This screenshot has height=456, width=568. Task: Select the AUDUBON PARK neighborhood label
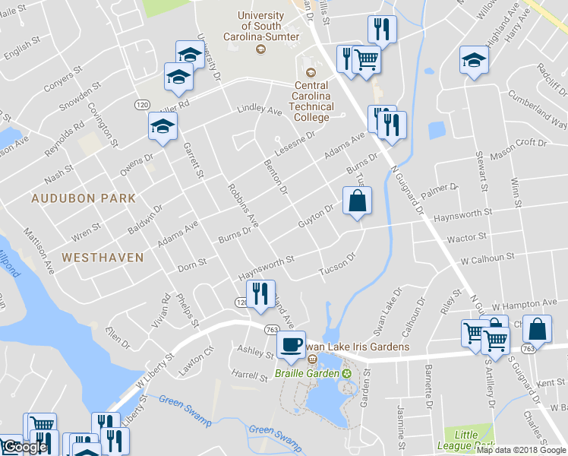click(84, 198)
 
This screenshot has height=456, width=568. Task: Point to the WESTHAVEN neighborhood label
click(103, 258)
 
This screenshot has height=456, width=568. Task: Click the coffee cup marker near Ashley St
click(291, 345)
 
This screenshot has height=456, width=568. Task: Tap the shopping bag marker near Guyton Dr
click(358, 202)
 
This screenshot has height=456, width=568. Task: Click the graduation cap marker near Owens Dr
click(163, 128)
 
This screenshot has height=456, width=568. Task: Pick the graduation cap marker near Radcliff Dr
click(475, 61)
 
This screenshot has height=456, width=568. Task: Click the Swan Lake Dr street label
click(387, 310)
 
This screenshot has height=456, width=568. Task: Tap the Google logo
click(24, 447)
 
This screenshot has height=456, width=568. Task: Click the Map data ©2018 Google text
click(521, 450)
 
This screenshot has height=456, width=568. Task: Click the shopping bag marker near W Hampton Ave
click(537, 330)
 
